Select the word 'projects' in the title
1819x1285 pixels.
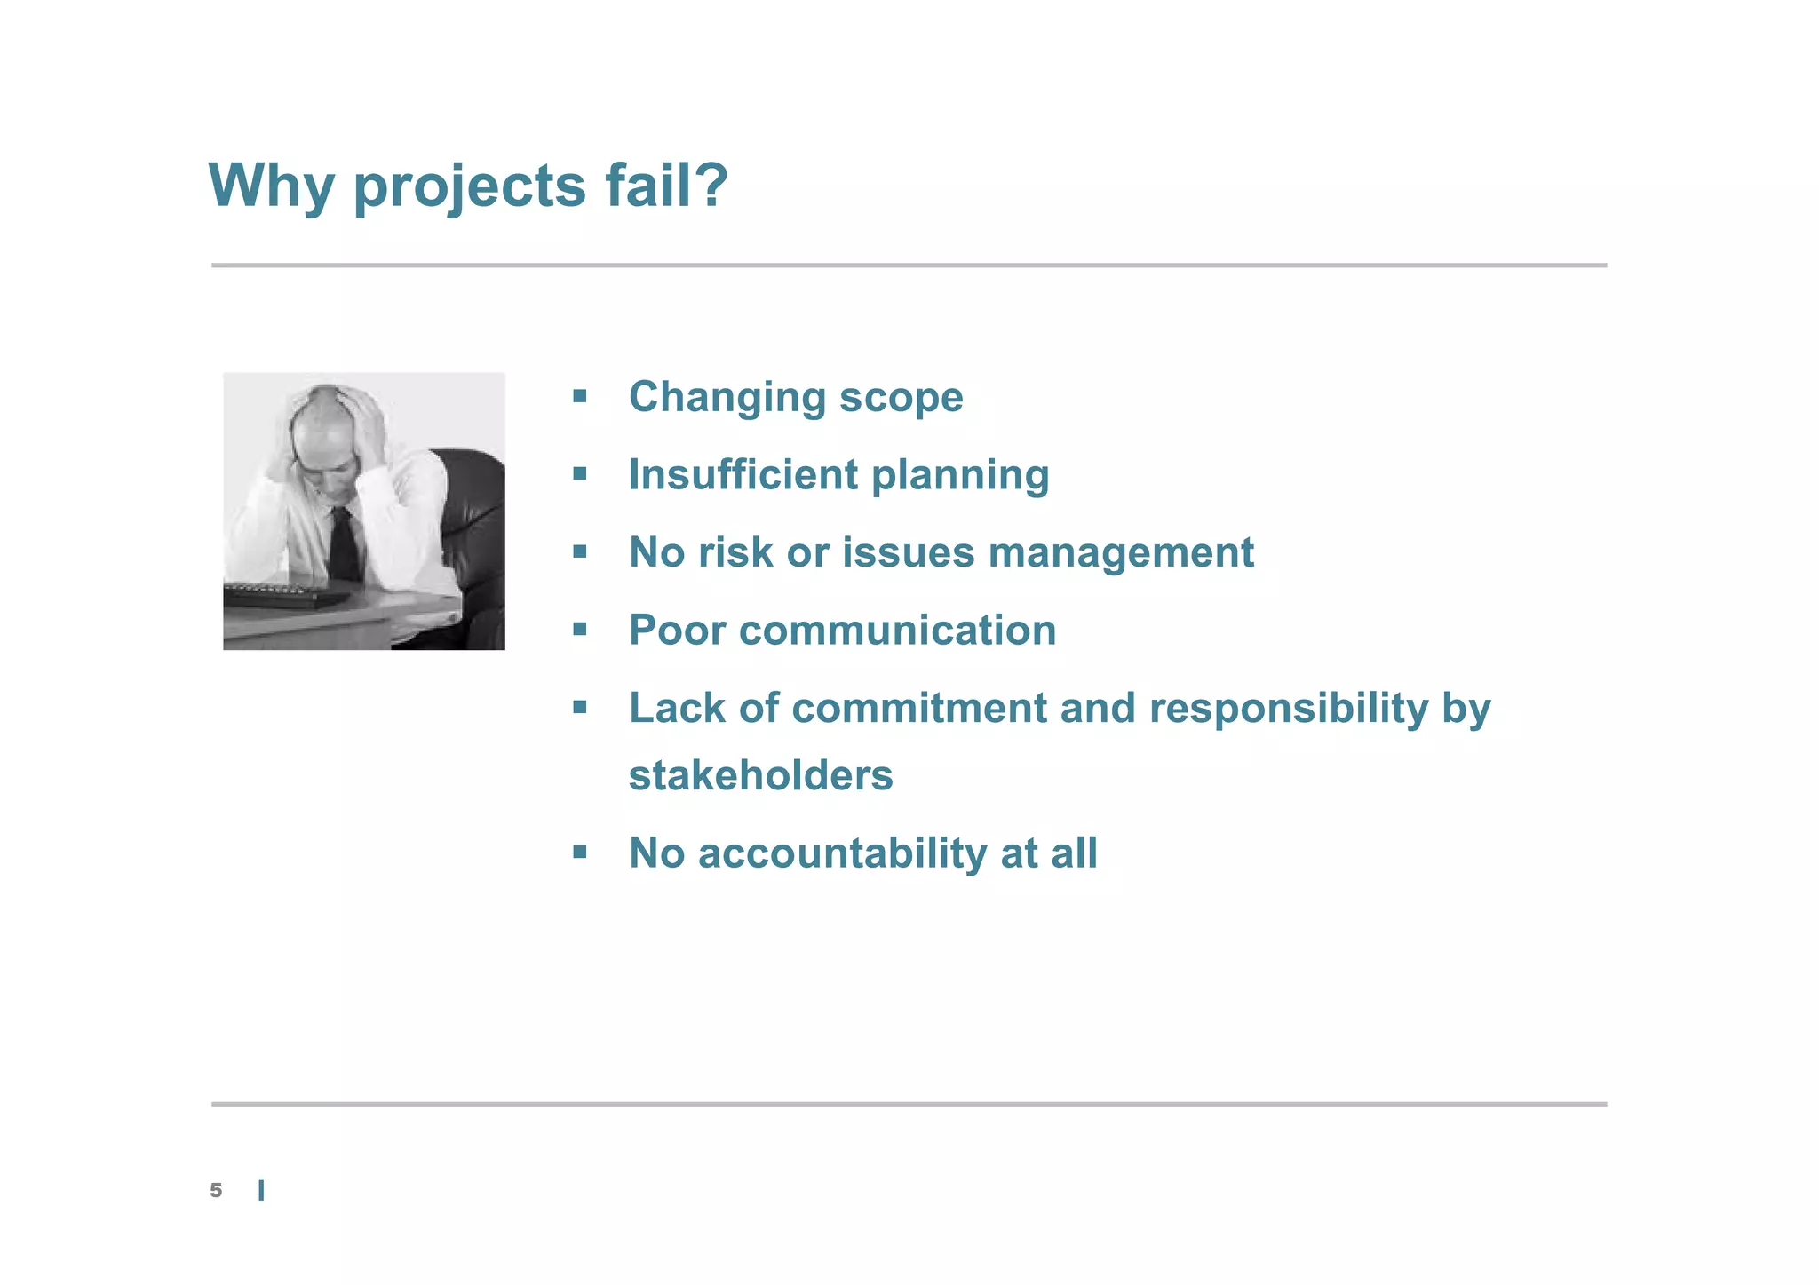[470, 188]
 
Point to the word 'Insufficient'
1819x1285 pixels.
[743, 474]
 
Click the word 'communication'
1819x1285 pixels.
[897, 631]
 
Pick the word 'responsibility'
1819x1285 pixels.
[1289, 709]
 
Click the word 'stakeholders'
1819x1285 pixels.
[760, 775]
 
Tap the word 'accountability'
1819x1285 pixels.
[842, 853]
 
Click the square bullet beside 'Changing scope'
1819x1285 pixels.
[580, 396]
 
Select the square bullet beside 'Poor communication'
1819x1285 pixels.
[580, 631]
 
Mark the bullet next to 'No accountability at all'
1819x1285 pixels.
[580, 853]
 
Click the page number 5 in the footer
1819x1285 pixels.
[216, 1191]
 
